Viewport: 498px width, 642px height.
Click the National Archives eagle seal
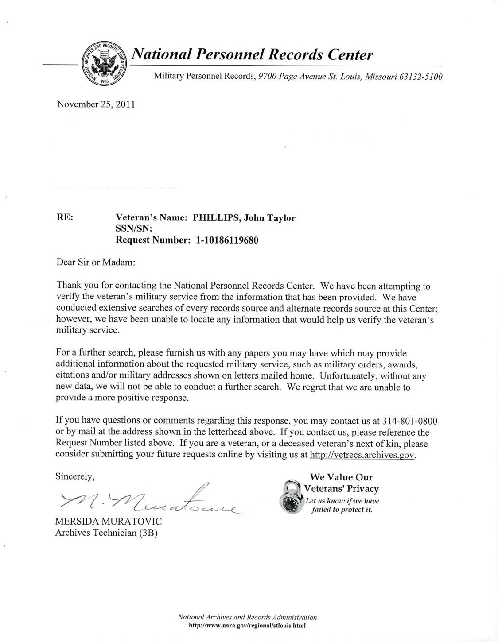pyautogui.click(x=104, y=64)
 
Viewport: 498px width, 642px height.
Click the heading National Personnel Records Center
pyautogui.click(x=253, y=54)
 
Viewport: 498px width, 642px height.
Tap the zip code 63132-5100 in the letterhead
pyautogui.click(x=420, y=77)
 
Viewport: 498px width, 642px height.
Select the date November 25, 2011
pyautogui.click(x=96, y=104)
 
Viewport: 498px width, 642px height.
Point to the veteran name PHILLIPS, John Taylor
pyautogui.click(x=244, y=218)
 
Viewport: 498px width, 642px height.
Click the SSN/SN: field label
pyautogui.click(x=134, y=229)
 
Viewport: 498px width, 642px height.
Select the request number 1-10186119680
pyautogui.click(x=227, y=240)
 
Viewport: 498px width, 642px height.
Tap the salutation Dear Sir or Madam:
pyautogui.click(x=96, y=262)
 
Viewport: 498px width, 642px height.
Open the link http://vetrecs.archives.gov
pyautogui.click(x=362, y=455)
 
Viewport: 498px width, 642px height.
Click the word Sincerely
pyautogui.click(x=74, y=476)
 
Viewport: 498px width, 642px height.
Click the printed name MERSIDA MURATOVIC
pyautogui.click(x=109, y=522)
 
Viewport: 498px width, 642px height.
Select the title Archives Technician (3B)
pyautogui.click(x=106, y=533)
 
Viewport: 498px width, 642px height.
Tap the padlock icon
pyautogui.click(x=291, y=497)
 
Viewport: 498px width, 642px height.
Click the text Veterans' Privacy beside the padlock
pyautogui.click(x=341, y=489)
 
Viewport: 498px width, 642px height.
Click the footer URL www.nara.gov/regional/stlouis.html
pyautogui.click(x=247, y=626)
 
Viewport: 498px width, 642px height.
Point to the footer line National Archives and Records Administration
pyautogui.click(x=247, y=617)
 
